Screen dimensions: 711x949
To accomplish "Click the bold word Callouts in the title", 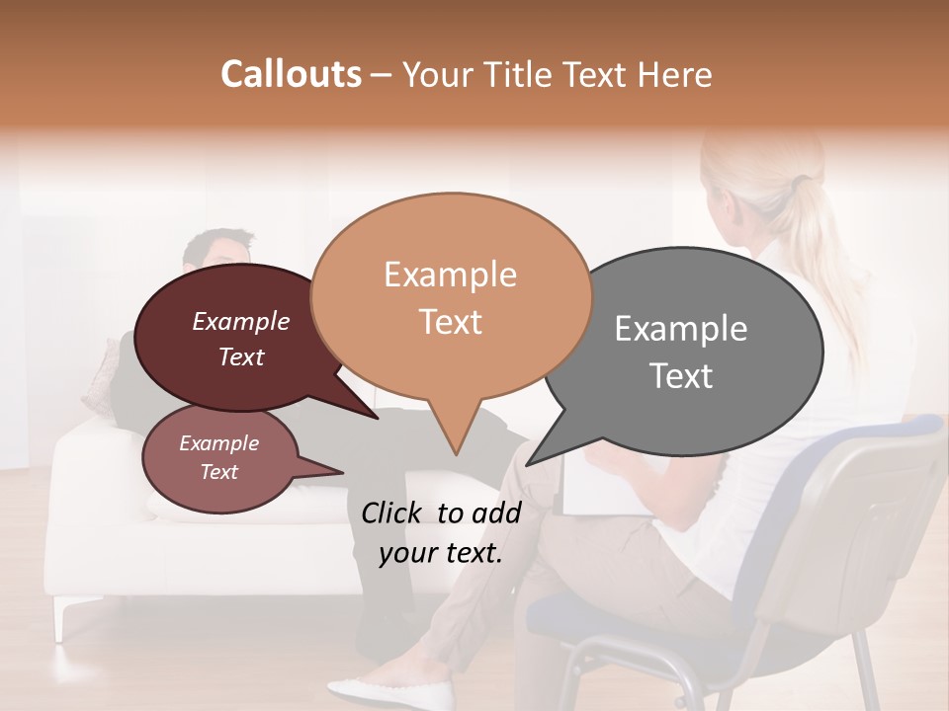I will pyautogui.click(x=291, y=74).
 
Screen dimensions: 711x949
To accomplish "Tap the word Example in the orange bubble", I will pyautogui.click(x=450, y=275).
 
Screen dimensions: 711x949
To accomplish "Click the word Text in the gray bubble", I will pyautogui.click(x=681, y=376).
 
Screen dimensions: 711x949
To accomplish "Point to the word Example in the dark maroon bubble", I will pyautogui.click(x=240, y=321).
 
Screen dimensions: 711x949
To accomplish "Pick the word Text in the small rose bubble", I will pyautogui.click(x=218, y=472).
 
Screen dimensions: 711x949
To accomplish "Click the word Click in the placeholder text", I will pyautogui.click(x=392, y=513).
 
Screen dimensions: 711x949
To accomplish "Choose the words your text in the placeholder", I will pyautogui.click(x=441, y=553).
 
